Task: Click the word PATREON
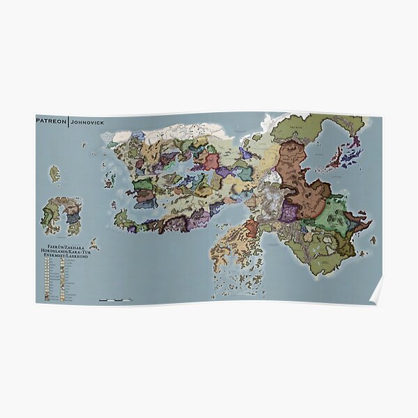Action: (x=52, y=120)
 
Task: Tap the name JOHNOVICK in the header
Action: (x=86, y=120)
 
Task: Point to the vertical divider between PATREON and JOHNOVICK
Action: (x=69, y=120)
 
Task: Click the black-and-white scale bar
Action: (x=115, y=300)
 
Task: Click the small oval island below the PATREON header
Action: (x=54, y=173)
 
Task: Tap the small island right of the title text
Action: (x=93, y=245)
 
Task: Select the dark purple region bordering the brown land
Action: (x=288, y=212)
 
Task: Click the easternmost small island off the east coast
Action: (x=367, y=224)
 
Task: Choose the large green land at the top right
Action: (x=307, y=129)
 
